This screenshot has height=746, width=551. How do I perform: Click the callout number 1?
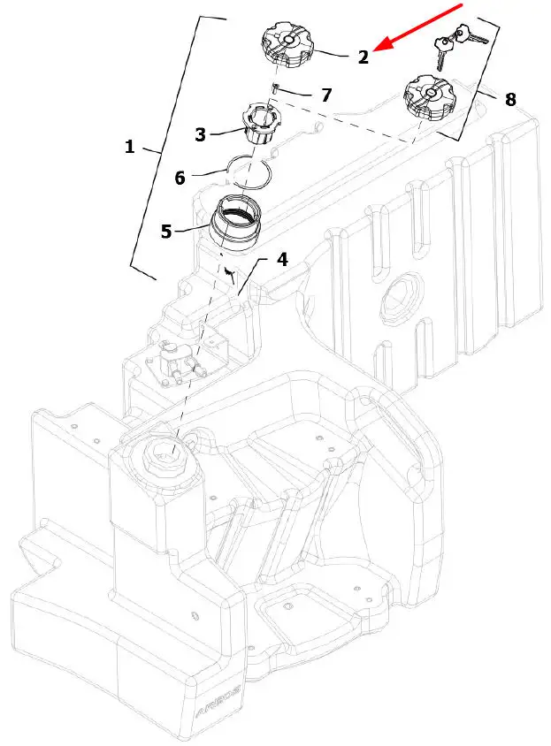(x=129, y=147)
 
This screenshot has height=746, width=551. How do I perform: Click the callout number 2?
(x=364, y=57)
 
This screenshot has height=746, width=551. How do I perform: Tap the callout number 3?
(x=201, y=134)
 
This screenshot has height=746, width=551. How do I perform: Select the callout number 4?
(x=282, y=259)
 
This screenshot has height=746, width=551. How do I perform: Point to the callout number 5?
(x=165, y=232)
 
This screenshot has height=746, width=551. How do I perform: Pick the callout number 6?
(x=180, y=178)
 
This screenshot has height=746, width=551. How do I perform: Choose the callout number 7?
(x=326, y=95)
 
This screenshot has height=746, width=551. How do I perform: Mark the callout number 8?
(x=510, y=99)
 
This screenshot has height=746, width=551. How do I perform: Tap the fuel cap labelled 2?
(x=287, y=44)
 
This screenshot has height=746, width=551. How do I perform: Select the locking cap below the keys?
(x=429, y=97)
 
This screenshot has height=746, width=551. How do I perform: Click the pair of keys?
(x=457, y=46)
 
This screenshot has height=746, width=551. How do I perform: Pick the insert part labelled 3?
(x=262, y=123)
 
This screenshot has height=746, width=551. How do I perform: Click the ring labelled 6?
(x=249, y=173)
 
